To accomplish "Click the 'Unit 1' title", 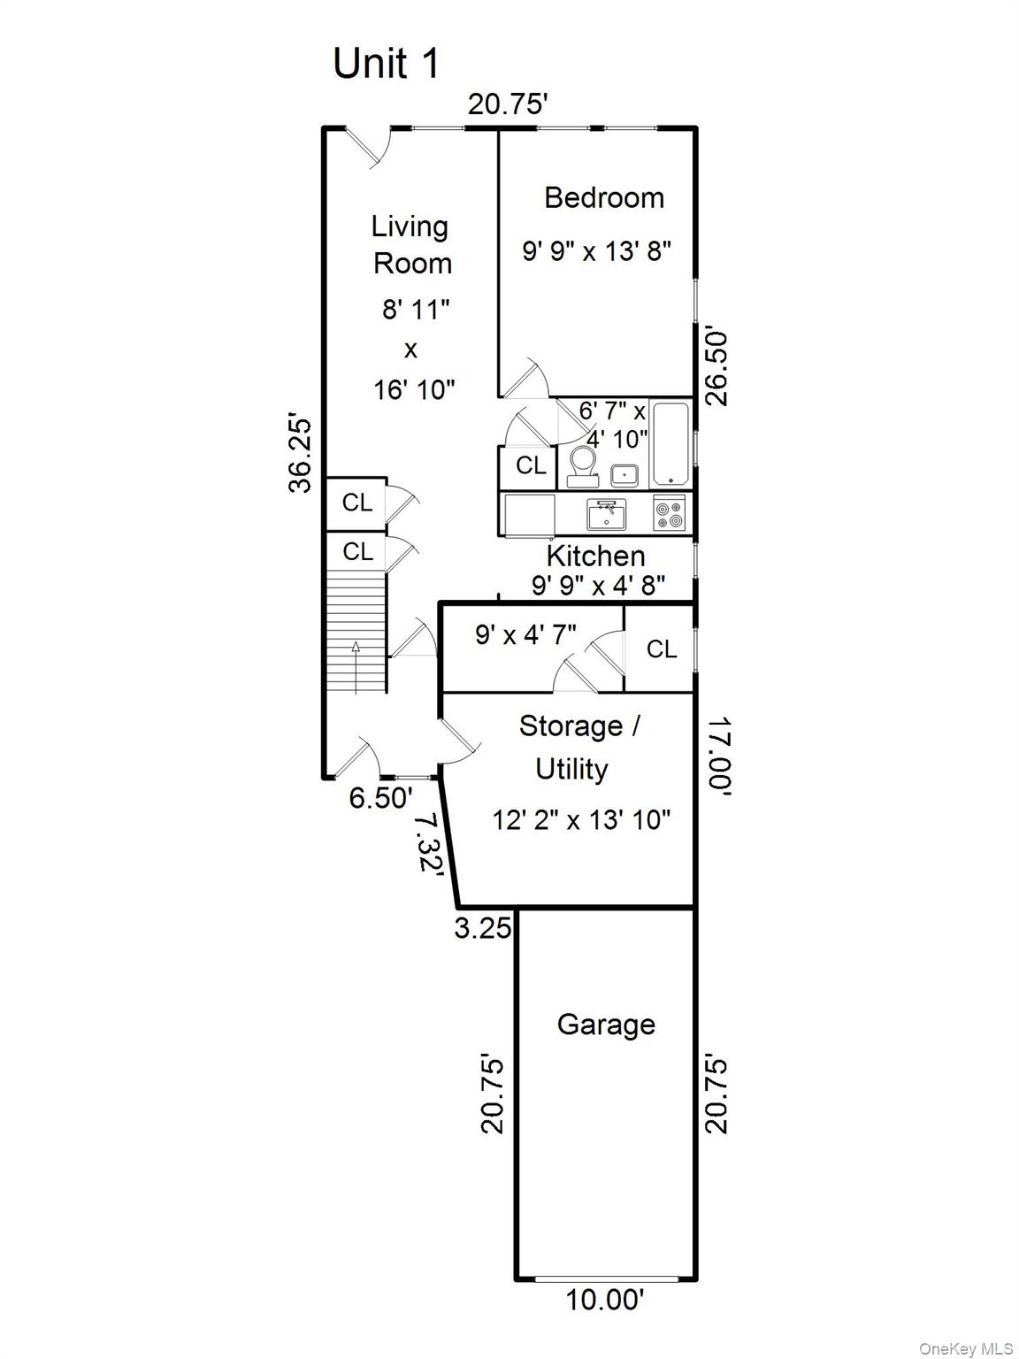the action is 386,63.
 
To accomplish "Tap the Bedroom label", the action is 604,198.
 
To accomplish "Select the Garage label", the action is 606,1024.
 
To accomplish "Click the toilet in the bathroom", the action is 582,467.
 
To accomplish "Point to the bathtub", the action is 670,443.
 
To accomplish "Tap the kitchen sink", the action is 606,515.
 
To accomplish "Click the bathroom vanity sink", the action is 624,475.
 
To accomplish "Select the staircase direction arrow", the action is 356,667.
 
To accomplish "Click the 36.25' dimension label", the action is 301,456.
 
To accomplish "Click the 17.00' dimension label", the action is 719,756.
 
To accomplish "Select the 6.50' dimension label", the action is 380,797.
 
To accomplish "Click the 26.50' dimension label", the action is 717,368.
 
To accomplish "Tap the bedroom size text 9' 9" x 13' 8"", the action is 597,251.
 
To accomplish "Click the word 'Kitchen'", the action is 596,556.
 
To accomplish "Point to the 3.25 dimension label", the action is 483,927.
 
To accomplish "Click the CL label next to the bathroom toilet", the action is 531,465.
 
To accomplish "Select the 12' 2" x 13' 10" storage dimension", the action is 581,820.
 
